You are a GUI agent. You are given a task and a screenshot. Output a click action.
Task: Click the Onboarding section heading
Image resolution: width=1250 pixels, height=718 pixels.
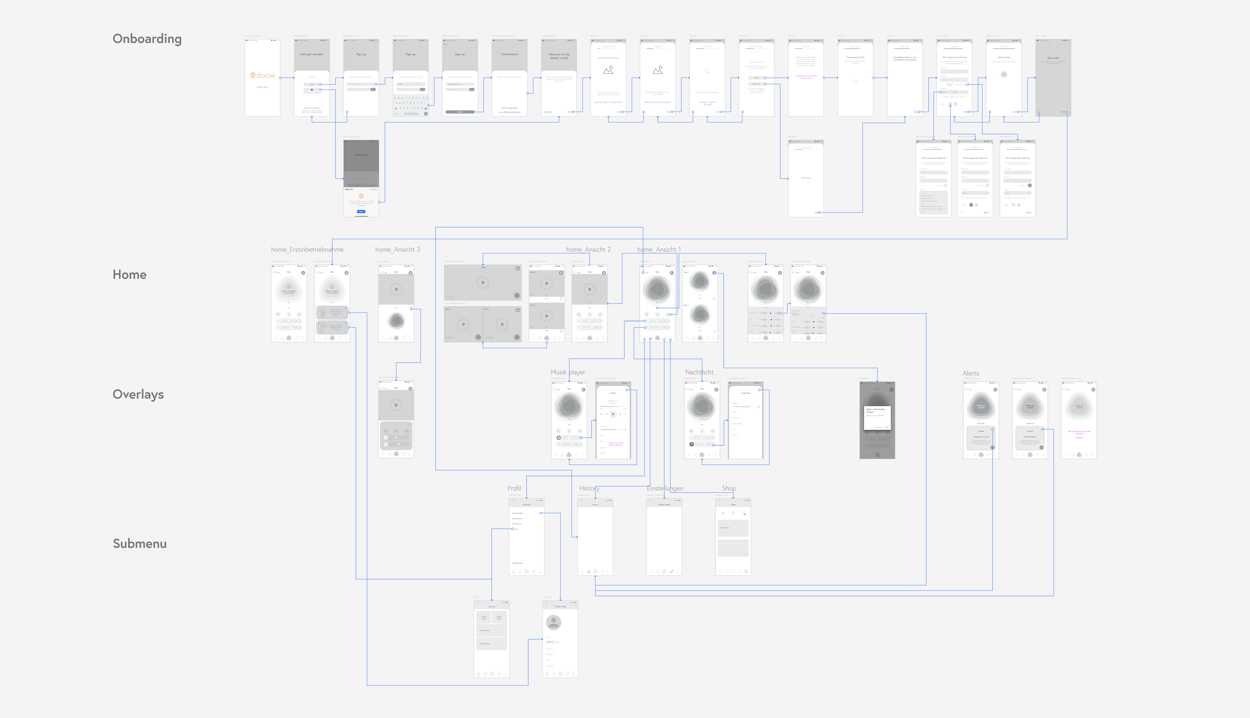(147, 39)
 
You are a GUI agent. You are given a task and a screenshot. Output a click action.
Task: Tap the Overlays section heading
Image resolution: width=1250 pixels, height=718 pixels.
(138, 395)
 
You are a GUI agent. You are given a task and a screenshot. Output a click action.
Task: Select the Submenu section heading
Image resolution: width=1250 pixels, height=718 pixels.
(140, 544)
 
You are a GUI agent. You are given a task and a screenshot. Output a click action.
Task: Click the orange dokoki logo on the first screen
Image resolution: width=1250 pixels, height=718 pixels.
(262, 75)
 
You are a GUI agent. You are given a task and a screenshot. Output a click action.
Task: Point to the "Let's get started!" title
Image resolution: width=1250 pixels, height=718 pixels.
(312, 54)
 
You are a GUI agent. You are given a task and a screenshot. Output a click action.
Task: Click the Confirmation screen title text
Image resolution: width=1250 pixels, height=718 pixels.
(510, 54)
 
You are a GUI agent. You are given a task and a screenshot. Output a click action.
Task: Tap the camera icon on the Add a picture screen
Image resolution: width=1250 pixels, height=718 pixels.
(1004, 75)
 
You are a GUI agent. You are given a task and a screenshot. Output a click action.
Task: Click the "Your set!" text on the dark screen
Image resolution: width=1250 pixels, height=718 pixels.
(1053, 58)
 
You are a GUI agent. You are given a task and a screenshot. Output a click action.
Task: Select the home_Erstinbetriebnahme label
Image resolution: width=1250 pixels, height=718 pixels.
(307, 250)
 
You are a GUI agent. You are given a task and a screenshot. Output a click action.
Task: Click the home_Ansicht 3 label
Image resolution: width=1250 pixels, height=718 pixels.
(398, 250)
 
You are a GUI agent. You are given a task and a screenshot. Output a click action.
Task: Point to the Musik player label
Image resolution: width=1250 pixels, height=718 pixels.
(568, 372)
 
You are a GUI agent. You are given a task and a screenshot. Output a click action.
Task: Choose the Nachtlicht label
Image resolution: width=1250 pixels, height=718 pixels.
(699, 372)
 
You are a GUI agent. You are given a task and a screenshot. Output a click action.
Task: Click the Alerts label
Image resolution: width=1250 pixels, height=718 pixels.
(971, 373)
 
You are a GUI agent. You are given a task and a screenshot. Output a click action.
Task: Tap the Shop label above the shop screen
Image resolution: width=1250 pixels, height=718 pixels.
(729, 488)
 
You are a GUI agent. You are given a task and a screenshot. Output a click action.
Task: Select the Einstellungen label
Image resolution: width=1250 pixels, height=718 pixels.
(665, 488)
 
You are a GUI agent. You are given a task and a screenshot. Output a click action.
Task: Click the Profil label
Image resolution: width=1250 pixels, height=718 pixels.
(514, 488)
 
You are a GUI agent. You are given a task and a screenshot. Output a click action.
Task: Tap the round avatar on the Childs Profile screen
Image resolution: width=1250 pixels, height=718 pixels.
(553, 622)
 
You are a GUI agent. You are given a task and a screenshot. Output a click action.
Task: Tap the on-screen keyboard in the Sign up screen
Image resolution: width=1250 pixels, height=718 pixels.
(410, 105)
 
